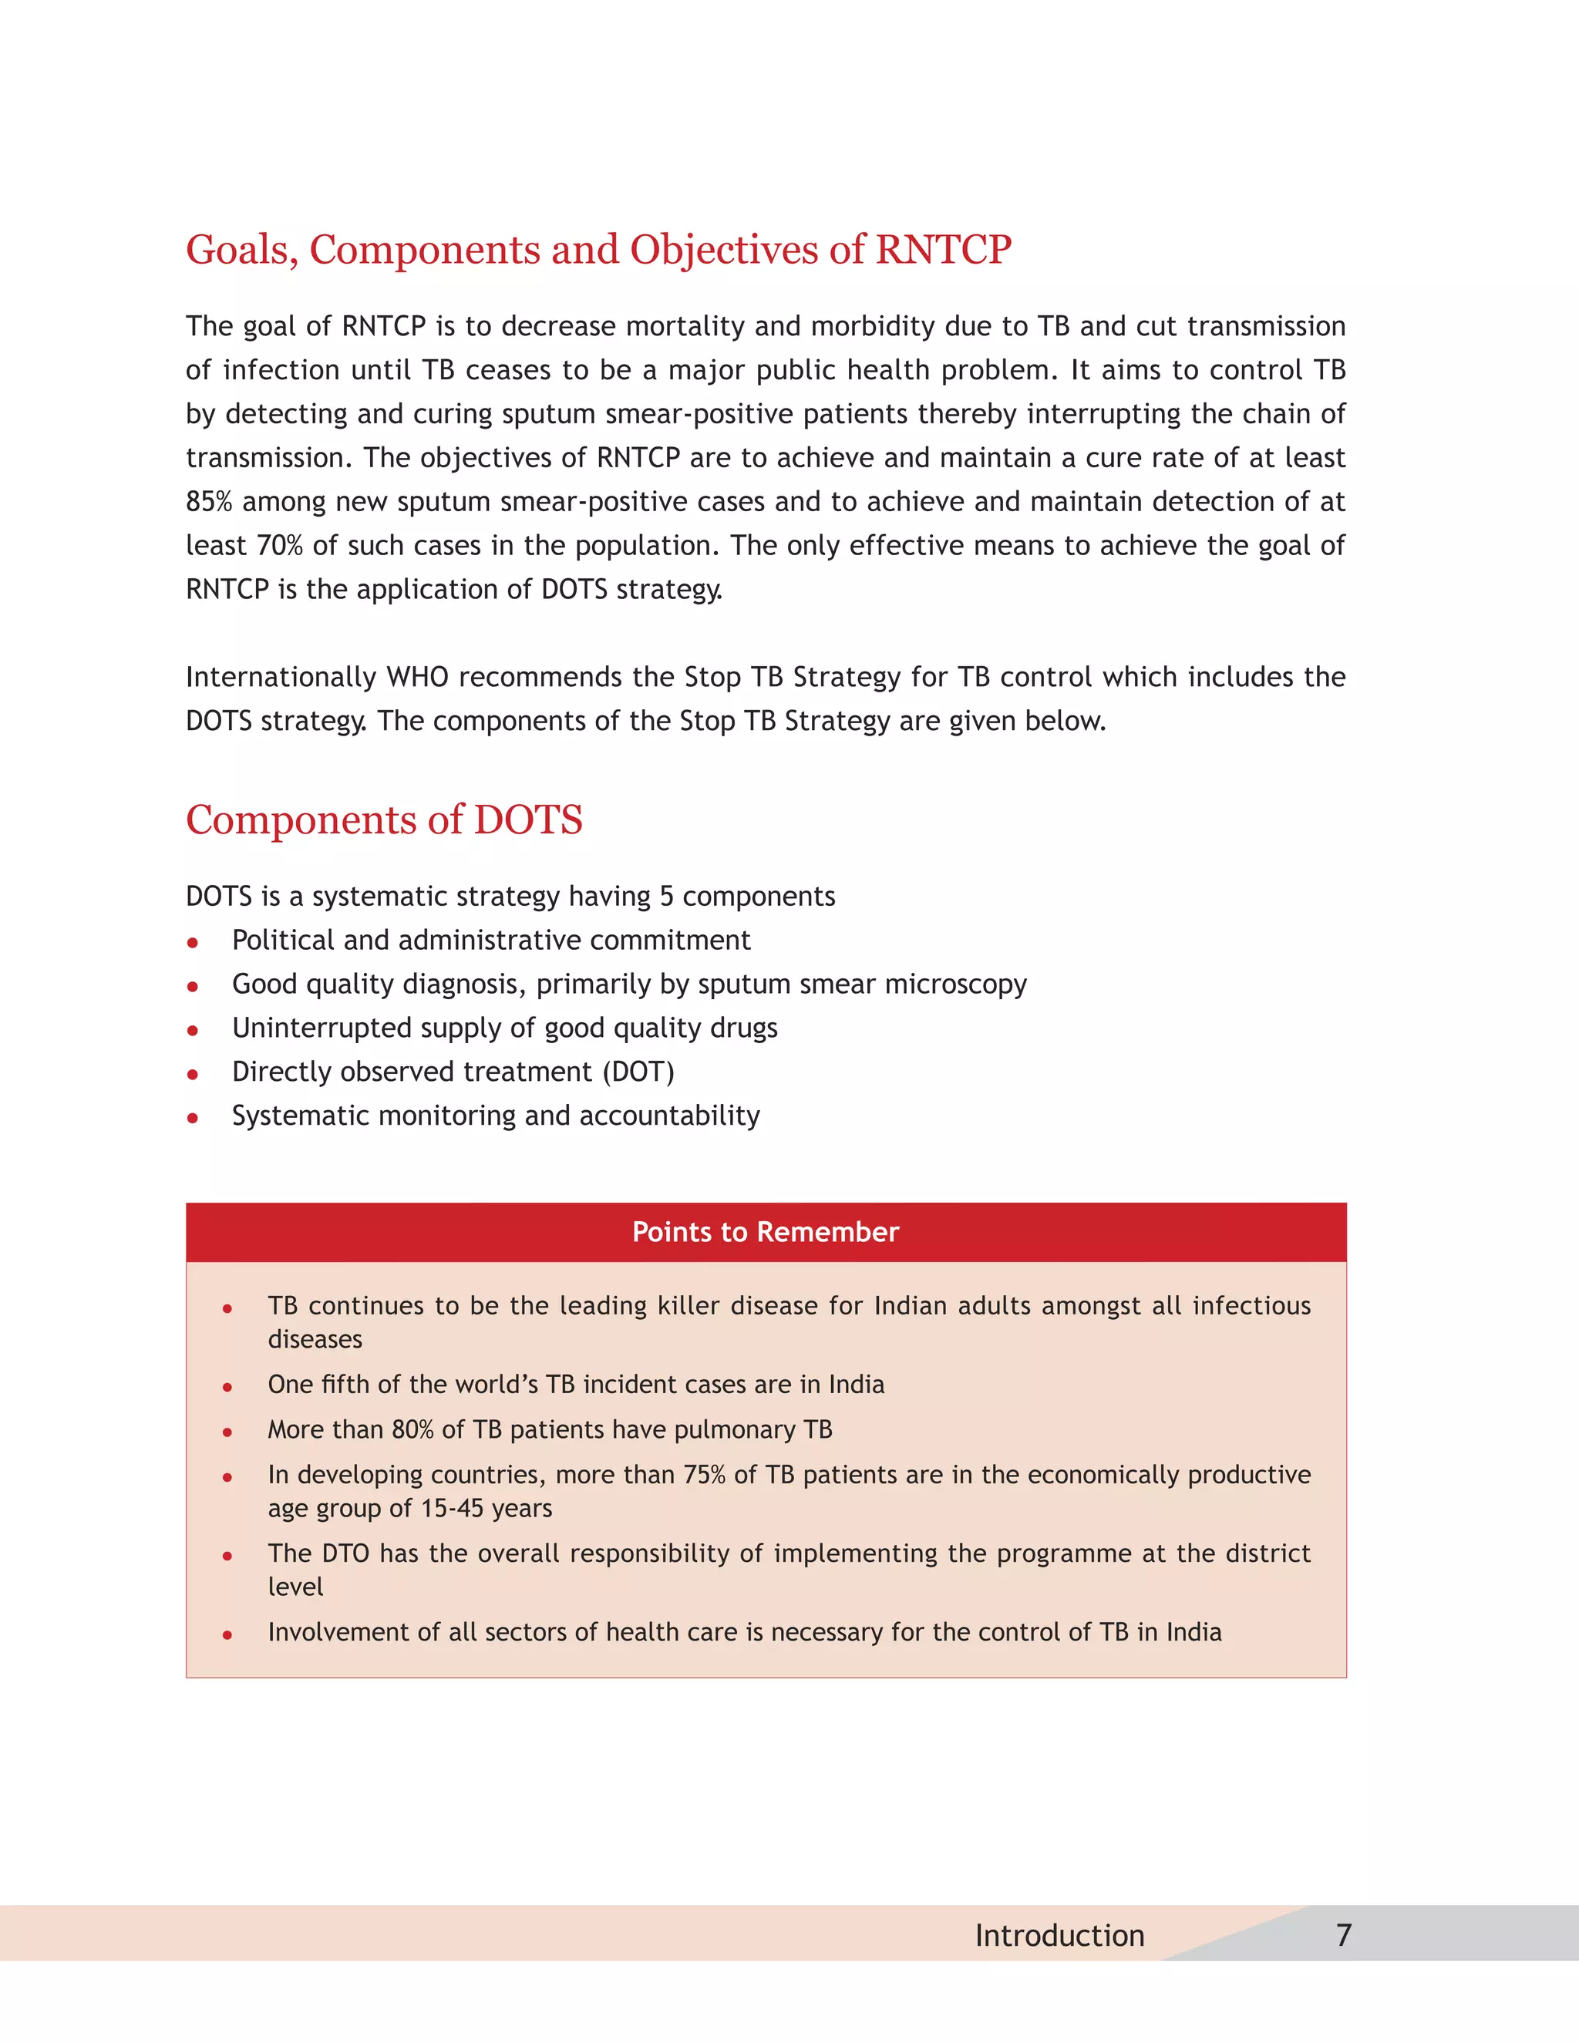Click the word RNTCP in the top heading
pyautogui.click(x=942, y=250)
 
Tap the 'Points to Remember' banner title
pyautogui.click(x=765, y=1232)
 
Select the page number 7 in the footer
pyautogui.click(x=1343, y=1934)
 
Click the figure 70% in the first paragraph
pyautogui.click(x=280, y=547)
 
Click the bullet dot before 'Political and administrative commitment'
pyautogui.click(x=193, y=943)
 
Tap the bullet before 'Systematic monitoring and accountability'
pyautogui.click(x=193, y=1118)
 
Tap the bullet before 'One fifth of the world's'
pyautogui.click(x=227, y=1387)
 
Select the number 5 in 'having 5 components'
pyautogui.click(x=666, y=897)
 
